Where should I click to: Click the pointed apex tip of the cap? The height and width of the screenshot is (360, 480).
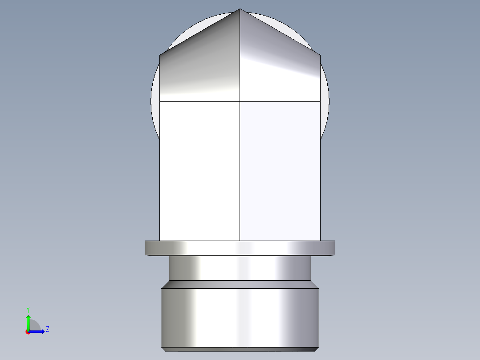click(240, 9)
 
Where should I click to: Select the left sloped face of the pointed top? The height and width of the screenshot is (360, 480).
click(200, 67)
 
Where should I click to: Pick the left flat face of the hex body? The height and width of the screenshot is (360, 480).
click(199, 169)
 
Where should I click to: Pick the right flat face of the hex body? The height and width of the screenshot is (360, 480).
click(280, 169)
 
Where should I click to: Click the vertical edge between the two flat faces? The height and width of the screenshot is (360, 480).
click(240, 169)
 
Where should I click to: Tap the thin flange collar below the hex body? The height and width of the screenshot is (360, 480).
click(240, 248)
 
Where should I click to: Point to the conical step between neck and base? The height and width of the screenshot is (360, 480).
click(240, 284)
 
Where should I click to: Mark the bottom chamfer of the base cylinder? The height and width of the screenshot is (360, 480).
click(240, 349)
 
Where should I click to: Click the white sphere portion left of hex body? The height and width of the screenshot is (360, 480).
click(155, 102)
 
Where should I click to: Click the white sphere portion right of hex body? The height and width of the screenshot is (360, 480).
click(325, 102)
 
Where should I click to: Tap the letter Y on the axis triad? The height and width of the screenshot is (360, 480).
click(28, 309)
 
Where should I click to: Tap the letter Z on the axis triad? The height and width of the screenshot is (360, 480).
click(47, 329)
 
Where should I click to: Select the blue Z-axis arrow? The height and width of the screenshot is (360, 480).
click(37, 331)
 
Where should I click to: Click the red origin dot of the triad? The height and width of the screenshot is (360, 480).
click(28, 332)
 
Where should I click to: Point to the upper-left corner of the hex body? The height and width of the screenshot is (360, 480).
click(160, 55)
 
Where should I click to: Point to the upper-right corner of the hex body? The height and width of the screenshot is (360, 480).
click(320, 55)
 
